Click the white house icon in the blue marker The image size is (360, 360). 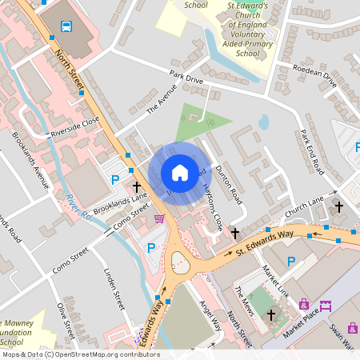coord(180,172)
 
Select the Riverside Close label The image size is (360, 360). coord(74,126)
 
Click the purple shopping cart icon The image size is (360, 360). coord(159,218)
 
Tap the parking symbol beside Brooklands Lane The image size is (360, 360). coord(115,180)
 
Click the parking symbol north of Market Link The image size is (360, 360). coord(291,261)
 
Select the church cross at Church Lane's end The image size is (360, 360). coord(338,207)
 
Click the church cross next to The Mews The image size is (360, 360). coord(271,314)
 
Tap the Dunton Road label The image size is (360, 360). coord(230,190)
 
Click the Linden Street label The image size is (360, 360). coord(114,289)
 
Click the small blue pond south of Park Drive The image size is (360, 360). coord(264,122)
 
